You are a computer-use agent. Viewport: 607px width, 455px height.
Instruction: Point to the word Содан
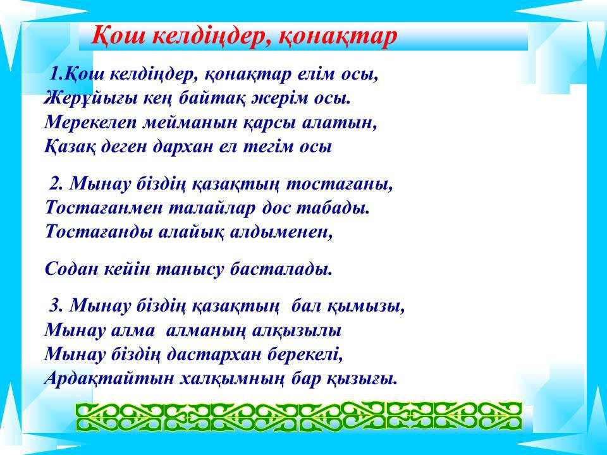point(71,269)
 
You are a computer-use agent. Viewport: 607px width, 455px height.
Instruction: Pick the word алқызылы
point(297,331)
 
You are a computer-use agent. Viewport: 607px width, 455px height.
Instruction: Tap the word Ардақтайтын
point(109,379)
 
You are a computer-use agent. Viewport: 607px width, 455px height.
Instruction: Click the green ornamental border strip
point(299,416)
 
